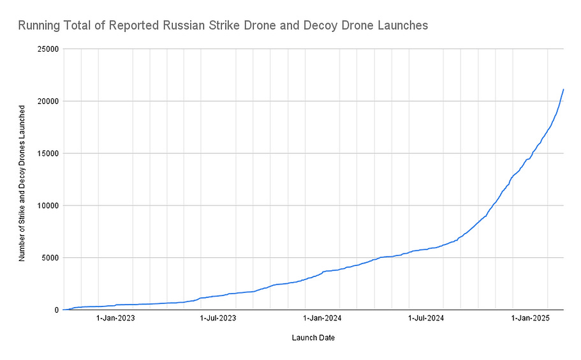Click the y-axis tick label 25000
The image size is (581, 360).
click(x=48, y=49)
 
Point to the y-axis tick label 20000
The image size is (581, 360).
click(x=48, y=101)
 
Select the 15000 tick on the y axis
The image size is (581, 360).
click(x=48, y=153)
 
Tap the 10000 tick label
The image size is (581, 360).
click(x=48, y=206)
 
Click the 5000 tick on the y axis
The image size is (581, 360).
click(x=50, y=258)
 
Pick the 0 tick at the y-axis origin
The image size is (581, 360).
click(x=56, y=310)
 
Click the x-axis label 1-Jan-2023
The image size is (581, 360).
click(x=115, y=317)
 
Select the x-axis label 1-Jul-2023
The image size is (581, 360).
click(x=219, y=317)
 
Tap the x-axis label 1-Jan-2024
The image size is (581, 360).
click(x=323, y=317)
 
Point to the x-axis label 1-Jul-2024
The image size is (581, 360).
click(x=427, y=317)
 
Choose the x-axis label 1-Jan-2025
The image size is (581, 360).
click(x=531, y=317)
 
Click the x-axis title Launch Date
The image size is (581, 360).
click(x=313, y=338)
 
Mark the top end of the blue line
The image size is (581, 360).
click(x=563, y=89)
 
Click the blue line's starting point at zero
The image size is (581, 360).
click(x=64, y=310)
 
